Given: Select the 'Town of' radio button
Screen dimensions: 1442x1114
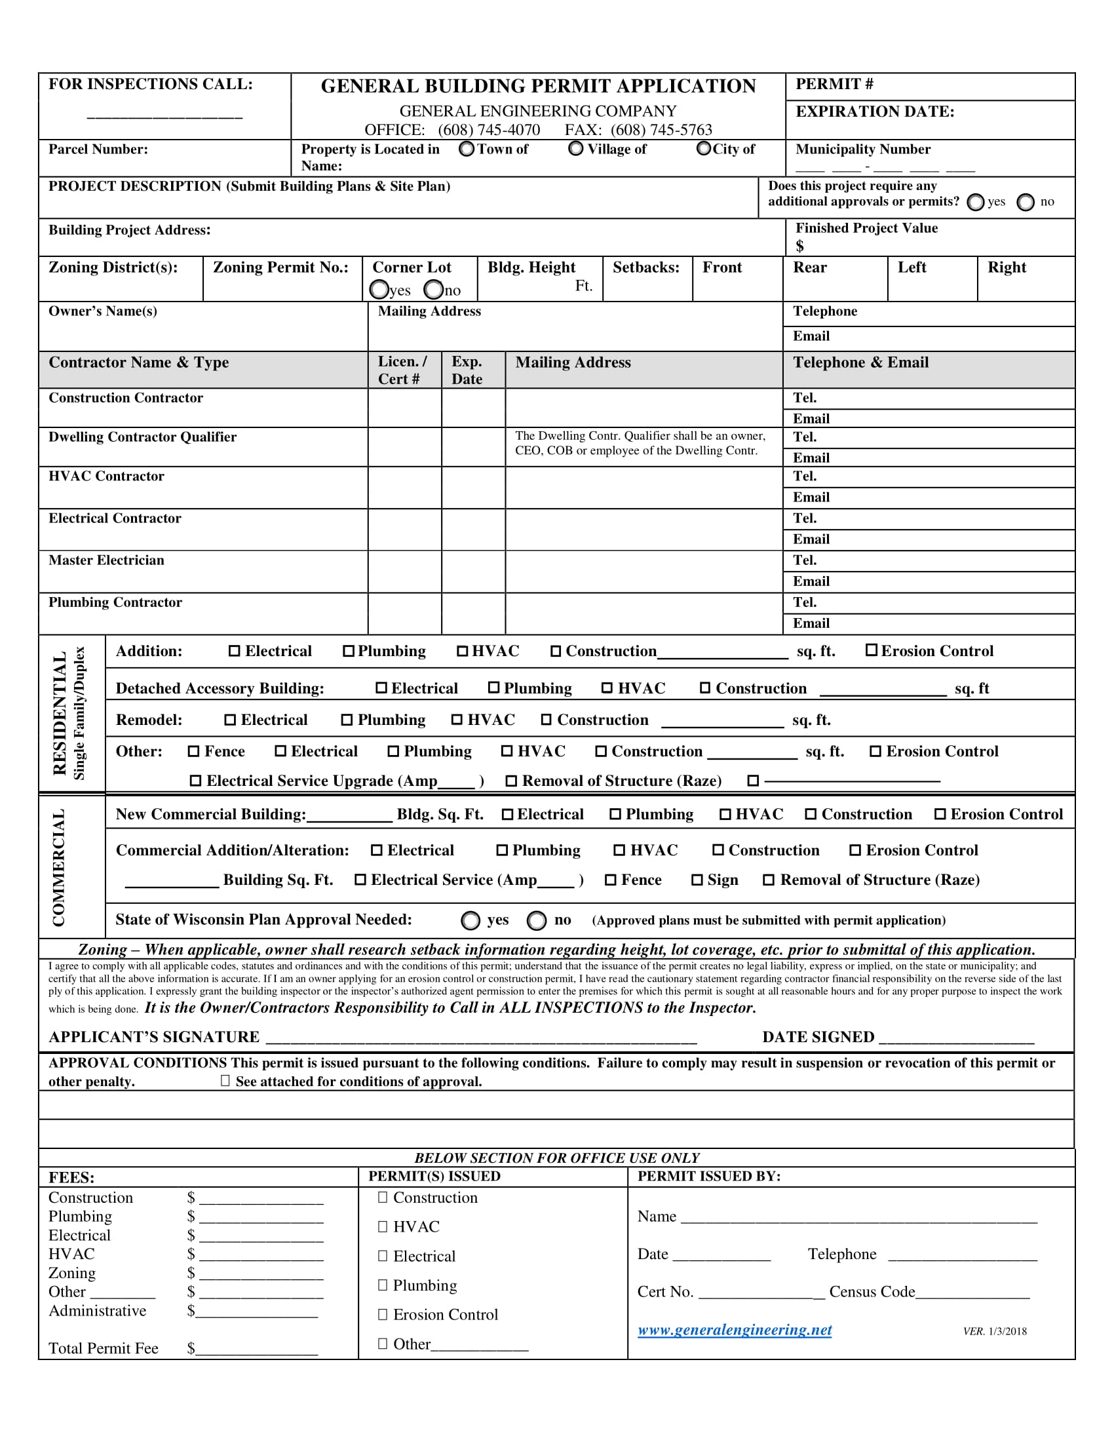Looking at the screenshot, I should [x=467, y=149].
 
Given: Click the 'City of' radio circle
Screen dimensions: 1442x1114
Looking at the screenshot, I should [x=704, y=149].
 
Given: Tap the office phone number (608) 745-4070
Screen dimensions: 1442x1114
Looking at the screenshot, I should [x=488, y=130].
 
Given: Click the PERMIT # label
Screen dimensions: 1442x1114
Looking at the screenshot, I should [x=834, y=85].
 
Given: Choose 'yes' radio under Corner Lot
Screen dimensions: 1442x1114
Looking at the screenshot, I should [x=379, y=290].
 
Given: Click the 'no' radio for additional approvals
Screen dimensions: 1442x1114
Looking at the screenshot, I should [x=1025, y=202].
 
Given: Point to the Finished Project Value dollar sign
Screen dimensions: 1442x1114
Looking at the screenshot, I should [x=799, y=246].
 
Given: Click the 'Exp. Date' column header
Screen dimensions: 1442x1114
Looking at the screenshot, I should [x=467, y=370].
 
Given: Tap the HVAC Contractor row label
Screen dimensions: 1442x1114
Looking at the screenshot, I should [x=106, y=476].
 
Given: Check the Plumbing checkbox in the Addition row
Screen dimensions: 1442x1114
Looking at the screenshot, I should [x=349, y=652].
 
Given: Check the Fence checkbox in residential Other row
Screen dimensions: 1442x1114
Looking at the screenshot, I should [x=193, y=752].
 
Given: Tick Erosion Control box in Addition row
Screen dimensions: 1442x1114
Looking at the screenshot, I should [x=871, y=651].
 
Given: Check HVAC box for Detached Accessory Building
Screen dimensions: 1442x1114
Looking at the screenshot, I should [x=607, y=689].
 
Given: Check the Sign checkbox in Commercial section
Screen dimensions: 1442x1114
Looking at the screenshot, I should [x=697, y=880].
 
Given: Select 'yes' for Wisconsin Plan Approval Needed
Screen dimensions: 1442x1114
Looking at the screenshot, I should [x=471, y=920].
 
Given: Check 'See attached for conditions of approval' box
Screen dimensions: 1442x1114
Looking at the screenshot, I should [x=225, y=1081].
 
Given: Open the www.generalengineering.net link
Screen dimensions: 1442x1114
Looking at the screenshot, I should [x=734, y=1331].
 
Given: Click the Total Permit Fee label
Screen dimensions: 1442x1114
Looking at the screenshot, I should [x=104, y=1349].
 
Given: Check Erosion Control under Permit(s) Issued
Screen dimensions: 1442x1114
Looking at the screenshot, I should [x=383, y=1315].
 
